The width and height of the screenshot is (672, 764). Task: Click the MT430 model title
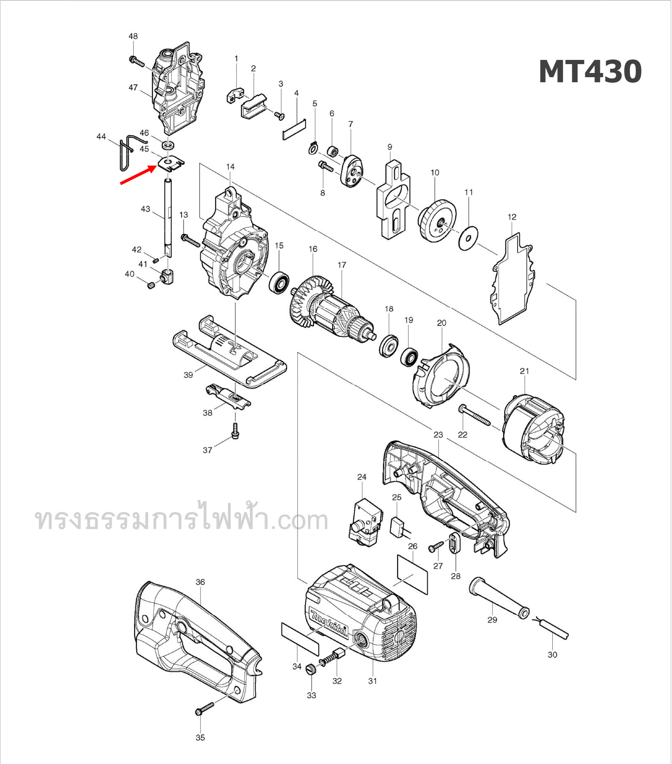(x=590, y=72)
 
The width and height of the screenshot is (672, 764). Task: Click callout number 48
(x=133, y=36)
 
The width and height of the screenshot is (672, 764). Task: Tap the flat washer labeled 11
(x=468, y=239)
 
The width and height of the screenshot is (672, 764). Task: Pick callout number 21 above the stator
(x=524, y=371)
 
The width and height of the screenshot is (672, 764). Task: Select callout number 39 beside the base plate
(x=188, y=375)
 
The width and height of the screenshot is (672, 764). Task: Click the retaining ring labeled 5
(x=313, y=148)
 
